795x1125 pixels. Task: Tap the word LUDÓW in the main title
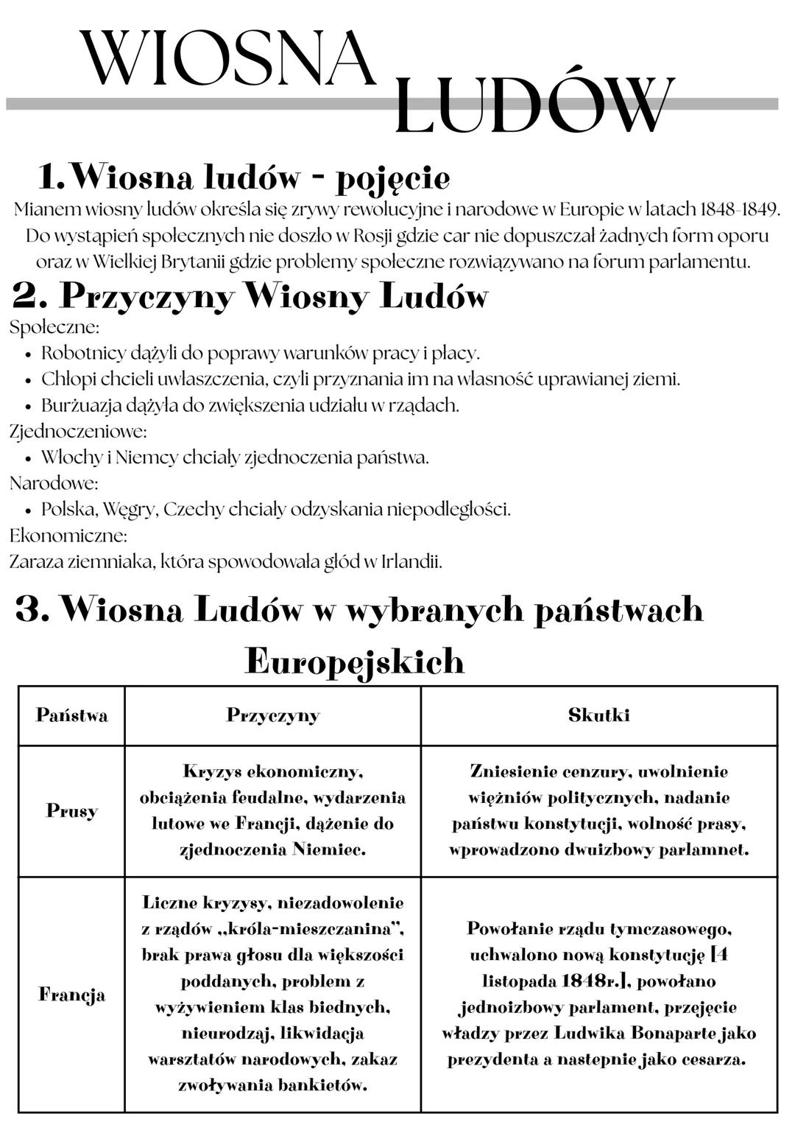(534, 107)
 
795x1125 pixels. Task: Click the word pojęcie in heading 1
(393, 178)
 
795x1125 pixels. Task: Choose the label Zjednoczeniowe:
(78, 431)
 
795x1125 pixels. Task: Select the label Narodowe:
(54, 483)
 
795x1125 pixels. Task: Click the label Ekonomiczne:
(68, 535)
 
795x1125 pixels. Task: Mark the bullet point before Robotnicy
(27, 354)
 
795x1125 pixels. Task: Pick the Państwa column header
(71, 715)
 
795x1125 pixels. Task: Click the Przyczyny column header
(272, 715)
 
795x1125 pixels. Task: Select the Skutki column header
(598, 715)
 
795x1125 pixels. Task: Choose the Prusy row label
(71, 810)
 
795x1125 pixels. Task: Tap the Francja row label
(71, 995)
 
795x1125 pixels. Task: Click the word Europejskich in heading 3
(355, 661)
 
